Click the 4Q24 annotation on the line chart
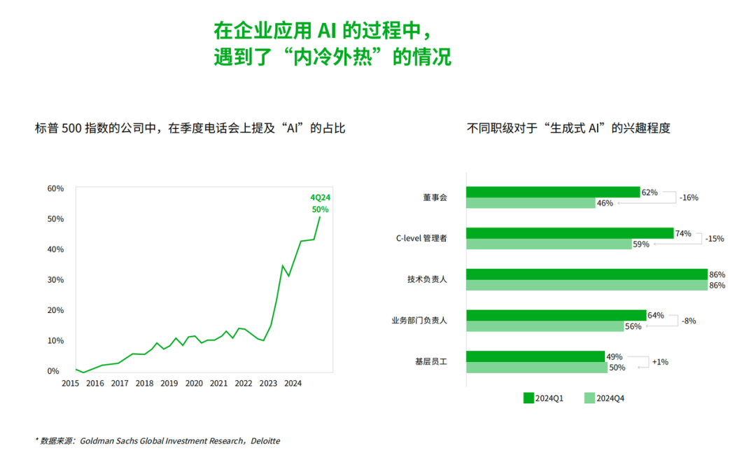coord(320,197)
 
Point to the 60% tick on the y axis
coord(55,188)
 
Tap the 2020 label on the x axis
coord(194,383)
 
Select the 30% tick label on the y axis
coord(55,279)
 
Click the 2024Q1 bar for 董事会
coord(553,192)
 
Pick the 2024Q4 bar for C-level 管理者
coord(548,244)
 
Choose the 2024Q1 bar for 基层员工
coord(535,356)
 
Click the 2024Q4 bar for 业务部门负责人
coord(545,326)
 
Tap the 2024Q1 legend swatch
coord(528,398)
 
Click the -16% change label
coord(689,197)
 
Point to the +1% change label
coord(660,362)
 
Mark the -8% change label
coord(689,321)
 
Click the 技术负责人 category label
coord(427,279)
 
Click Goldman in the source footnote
coord(97,441)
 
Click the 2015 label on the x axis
coord(70,383)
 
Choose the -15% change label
coord(715,239)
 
